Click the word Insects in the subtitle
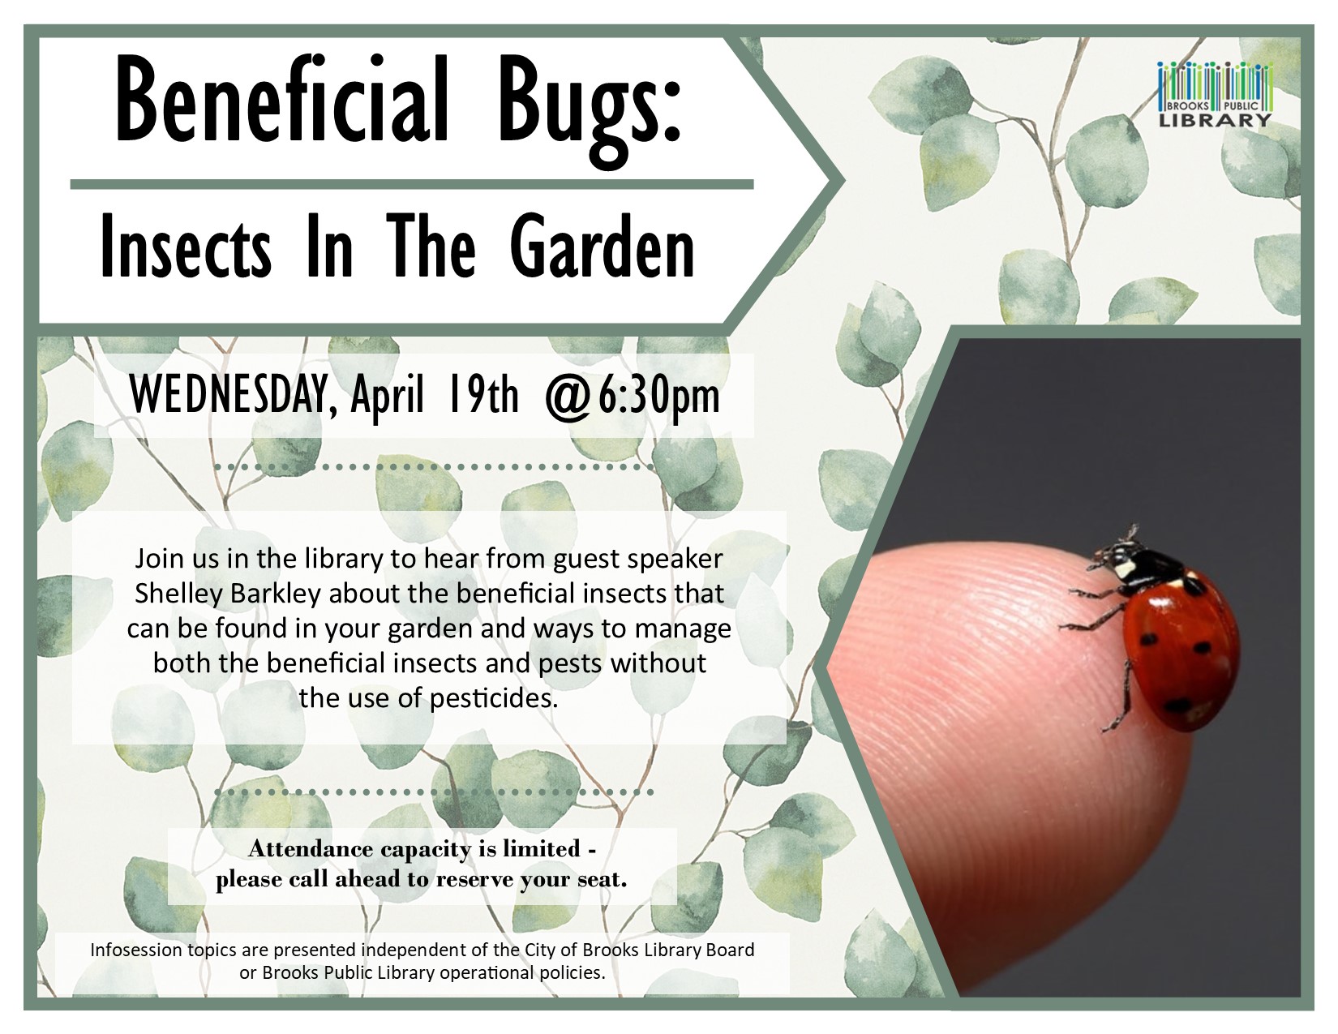pyautogui.click(x=186, y=247)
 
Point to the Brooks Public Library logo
pyautogui.click(x=1214, y=94)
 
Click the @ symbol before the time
pyautogui.click(x=570, y=397)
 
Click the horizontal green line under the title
pyautogui.click(x=412, y=184)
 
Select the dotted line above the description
pyautogui.click(x=434, y=467)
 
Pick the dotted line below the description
pyautogui.click(x=434, y=792)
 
